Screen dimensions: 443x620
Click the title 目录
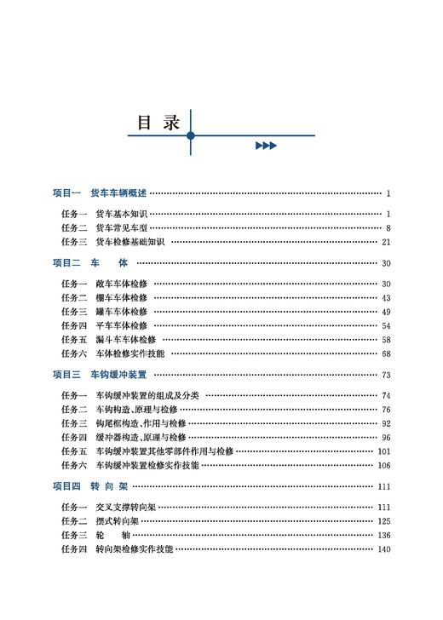click(159, 122)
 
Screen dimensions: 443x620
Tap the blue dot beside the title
click(191, 135)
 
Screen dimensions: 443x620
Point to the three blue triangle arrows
click(266, 146)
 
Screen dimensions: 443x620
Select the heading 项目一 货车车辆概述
click(100, 193)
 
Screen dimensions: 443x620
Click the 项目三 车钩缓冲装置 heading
click(100, 374)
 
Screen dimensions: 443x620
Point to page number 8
click(387, 227)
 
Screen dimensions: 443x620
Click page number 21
click(385, 242)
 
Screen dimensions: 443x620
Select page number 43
click(385, 298)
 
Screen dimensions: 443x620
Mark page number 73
click(385, 374)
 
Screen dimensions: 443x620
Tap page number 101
click(383, 451)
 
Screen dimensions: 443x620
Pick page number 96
click(385, 438)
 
